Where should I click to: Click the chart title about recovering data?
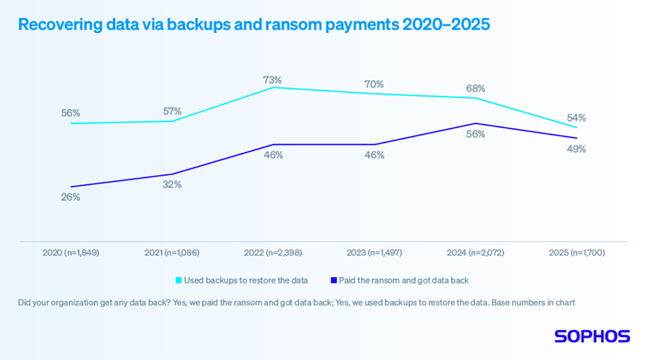coord(254,25)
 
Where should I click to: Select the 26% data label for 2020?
coord(71,198)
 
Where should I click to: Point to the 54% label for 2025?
coord(576,118)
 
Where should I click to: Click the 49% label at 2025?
coord(576,150)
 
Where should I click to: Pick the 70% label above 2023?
coord(374,84)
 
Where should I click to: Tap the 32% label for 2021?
coord(172,185)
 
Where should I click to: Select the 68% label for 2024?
coord(475,88)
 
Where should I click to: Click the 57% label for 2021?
coord(172,111)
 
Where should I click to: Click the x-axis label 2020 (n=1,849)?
coord(71,253)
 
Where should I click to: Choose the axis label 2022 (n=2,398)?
coord(273,253)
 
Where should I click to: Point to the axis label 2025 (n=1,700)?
coord(576,253)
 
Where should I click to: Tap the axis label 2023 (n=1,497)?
coord(374,253)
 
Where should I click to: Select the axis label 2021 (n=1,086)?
coord(172,253)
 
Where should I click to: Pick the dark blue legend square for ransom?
coord(333,280)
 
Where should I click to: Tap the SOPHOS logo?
coord(592,336)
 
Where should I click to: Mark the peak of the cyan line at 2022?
coord(274,87)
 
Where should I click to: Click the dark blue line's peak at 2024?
coord(476,124)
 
